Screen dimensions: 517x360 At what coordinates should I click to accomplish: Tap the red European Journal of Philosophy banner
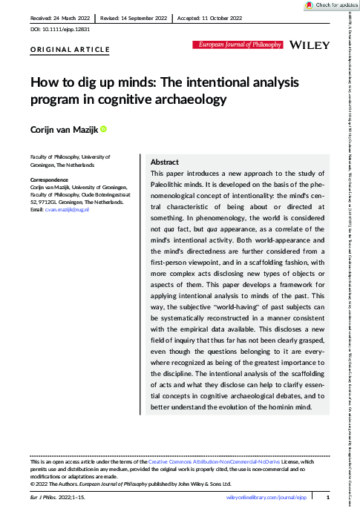coord(237,45)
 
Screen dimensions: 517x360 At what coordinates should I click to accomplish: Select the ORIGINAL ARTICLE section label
coord(70,50)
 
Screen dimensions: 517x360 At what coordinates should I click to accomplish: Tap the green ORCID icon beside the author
coord(104,130)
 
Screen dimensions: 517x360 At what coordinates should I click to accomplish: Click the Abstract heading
coord(164,162)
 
